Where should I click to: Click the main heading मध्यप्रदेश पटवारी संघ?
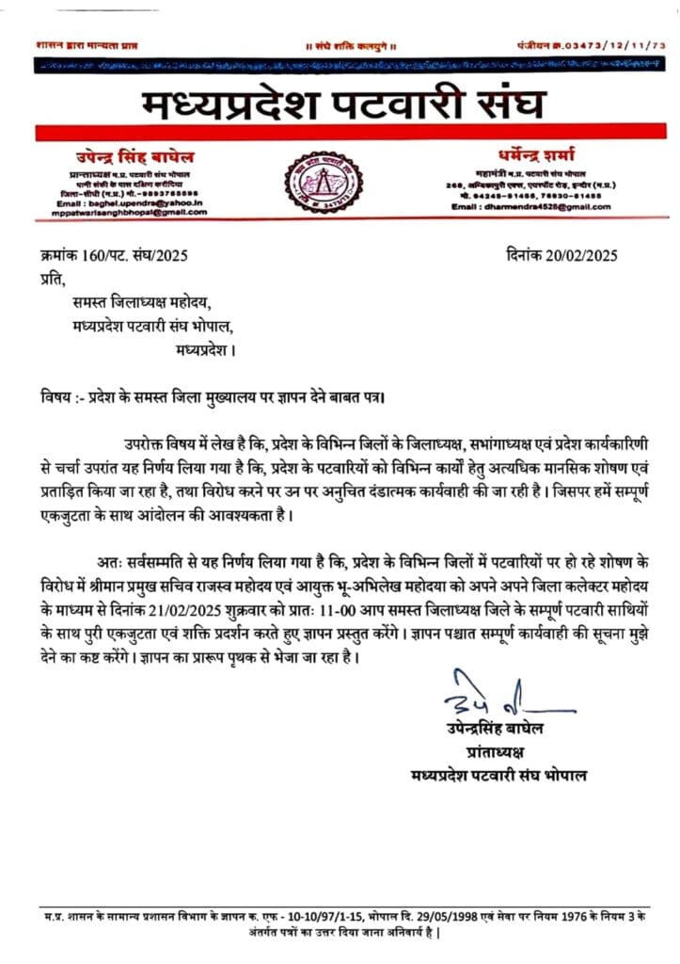coord(343,104)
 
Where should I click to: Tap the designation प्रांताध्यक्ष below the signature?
coord(499,750)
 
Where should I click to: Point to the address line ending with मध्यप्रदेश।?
coord(205,350)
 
